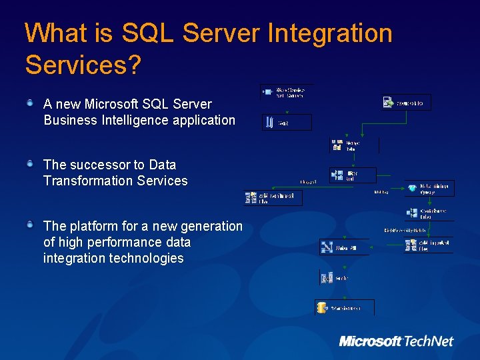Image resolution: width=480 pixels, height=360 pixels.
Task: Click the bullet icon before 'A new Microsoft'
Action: pos(31,103)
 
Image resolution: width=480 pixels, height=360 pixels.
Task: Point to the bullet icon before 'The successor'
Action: pos(31,163)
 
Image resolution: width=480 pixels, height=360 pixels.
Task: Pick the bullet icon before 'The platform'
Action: pos(31,225)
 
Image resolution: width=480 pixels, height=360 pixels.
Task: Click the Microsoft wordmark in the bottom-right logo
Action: pos(371,341)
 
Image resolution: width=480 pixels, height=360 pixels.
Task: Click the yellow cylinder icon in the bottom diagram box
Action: pos(323,308)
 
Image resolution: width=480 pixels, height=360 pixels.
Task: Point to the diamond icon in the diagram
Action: pos(413,189)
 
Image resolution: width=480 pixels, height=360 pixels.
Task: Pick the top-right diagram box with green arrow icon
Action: pos(406,103)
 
